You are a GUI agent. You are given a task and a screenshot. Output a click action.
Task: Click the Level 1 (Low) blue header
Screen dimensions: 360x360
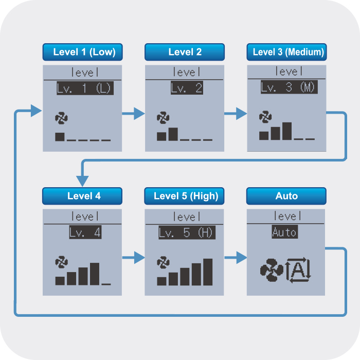tap(83, 52)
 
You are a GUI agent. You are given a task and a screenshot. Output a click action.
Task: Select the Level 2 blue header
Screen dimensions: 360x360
tap(185, 52)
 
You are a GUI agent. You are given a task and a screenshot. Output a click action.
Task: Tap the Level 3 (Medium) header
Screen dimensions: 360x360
tap(287, 52)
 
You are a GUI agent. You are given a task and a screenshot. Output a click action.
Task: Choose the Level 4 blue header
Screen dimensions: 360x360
tap(82, 196)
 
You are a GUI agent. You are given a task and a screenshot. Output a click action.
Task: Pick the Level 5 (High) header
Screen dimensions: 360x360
tap(184, 196)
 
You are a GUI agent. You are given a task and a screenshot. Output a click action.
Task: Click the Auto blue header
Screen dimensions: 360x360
tap(286, 196)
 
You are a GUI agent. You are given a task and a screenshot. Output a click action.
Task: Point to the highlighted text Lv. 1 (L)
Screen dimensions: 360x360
tap(85, 88)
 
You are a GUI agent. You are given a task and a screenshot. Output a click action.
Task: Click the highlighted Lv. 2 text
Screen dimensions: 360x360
tap(187, 88)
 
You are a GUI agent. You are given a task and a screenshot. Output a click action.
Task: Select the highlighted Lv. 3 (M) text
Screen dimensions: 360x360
tap(289, 87)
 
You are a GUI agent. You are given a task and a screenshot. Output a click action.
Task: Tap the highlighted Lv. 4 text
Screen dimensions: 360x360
tap(85, 232)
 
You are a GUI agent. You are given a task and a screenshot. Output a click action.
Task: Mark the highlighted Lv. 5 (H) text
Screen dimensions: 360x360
tap(187, 232)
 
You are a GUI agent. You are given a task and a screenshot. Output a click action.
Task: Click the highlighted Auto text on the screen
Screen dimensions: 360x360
tap(285, 232)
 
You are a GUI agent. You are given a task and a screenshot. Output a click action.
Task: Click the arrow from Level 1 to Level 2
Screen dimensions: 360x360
tap(133, 114)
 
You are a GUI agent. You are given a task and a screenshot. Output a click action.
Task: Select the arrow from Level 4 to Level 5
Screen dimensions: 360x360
tap(133, 257)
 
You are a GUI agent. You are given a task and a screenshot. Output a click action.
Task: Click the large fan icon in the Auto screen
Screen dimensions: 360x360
tap(272, 270)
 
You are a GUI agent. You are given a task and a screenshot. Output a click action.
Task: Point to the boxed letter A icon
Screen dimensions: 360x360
tap(298, 270)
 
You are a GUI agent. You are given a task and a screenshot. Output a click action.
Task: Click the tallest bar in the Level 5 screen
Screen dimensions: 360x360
tap(208, 272)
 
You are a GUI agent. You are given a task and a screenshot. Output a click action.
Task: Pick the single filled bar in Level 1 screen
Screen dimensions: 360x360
tap(60, 137)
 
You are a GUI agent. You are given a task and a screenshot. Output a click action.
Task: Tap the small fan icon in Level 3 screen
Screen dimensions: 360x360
tap(265, 117)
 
